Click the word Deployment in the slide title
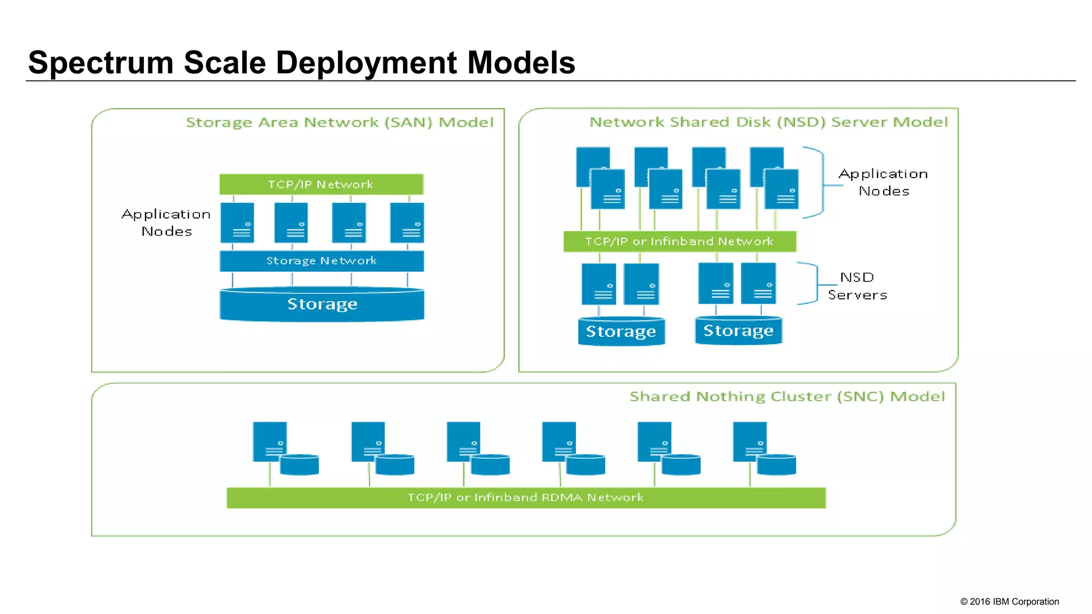[x=367, y=63]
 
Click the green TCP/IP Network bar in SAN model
[x=321, y=184]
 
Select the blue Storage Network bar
[x=321, y=261]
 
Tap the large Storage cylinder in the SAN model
[x=322, y=305]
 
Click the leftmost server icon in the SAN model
[x=237, y=223]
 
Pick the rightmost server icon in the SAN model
[x=407, y=223]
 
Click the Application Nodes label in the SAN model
[x=166, y=223]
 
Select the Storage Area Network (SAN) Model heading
[x=340, y=123]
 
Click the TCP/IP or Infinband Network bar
[x=679, y=241]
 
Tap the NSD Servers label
[x=857, y=286]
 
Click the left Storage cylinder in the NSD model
[x=621, y=332]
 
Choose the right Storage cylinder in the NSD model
[x=738, y=331]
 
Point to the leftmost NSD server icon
[x=598, y=284]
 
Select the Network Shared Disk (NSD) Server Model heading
[x=768, y=122]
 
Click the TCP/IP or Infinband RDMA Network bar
[x=526, y=498]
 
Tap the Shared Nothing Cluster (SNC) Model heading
[x=787, y=397]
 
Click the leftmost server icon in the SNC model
[x=269, y=441]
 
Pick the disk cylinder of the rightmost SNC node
[x=776, y=465]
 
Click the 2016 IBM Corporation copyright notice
[x=1009, y=602]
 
